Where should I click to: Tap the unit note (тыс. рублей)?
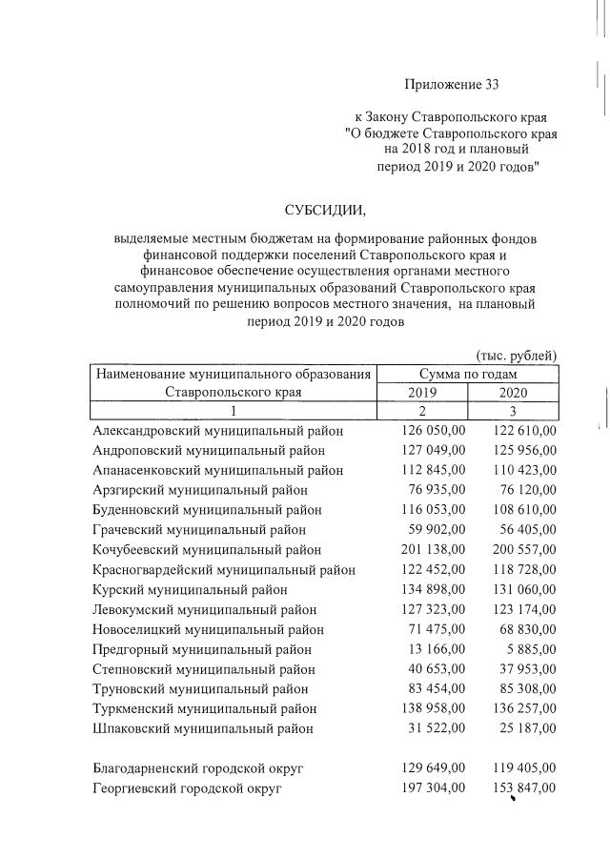(x=516, y=356)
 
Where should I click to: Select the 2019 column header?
(x=423, y=392)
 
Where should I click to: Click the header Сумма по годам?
(x=467, y=373)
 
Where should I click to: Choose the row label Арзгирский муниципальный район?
(x=193, y=490)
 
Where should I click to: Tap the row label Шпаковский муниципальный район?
(x=203, y=729)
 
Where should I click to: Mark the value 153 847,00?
(x=524, y=788)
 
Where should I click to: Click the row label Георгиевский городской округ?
(x=188, y=788)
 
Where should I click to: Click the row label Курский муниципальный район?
(x=186, y=590)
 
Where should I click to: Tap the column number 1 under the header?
(x=234, y=411)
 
